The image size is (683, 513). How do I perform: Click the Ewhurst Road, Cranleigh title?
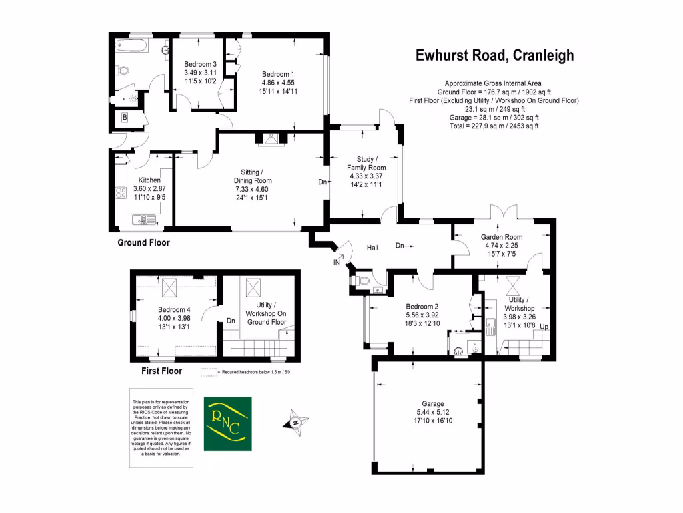[494, 55]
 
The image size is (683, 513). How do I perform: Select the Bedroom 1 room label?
[278, 74]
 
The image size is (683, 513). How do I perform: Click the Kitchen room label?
[149, 180]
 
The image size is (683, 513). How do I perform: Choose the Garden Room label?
[503, 237]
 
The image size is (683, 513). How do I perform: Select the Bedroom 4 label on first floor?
[174, 310]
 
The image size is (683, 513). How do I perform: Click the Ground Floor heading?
[143, 243]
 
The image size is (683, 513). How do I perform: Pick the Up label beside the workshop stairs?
[544, 327]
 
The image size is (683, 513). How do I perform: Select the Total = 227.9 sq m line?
[494, 126]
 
